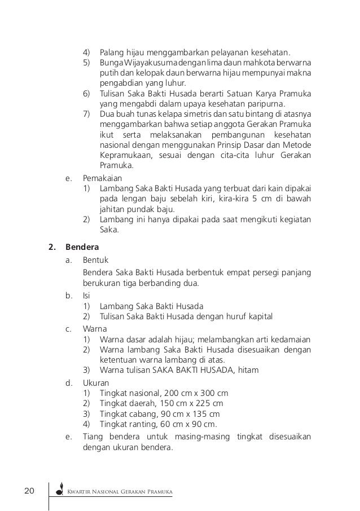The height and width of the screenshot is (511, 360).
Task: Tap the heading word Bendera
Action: [82, 246]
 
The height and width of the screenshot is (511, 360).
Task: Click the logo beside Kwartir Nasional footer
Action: [59, 493]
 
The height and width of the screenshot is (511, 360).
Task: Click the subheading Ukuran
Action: [95, 382]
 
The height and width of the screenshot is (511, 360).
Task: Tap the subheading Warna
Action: [94, 327]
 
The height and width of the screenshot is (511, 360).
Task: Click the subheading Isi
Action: [86, 295]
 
